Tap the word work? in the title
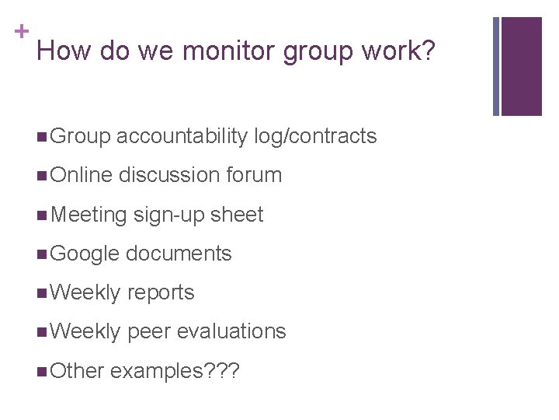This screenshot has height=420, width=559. pyautogui.click(x=397, y=52)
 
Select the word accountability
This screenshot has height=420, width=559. pyautogui.click(x=183, y=137)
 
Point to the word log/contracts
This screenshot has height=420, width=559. pyautogui.click(x=315, y=137)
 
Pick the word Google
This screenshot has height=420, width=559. pyautogui.click(x=84, y=254)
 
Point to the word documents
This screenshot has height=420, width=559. pyautogui.click(x=179, y=254)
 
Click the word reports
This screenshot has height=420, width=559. pyautogui.click(x=161, y=292)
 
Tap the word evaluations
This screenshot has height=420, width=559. pyautogui.click(x=231, y=331)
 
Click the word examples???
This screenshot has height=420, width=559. pyautogui.click(x=175, y=371)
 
